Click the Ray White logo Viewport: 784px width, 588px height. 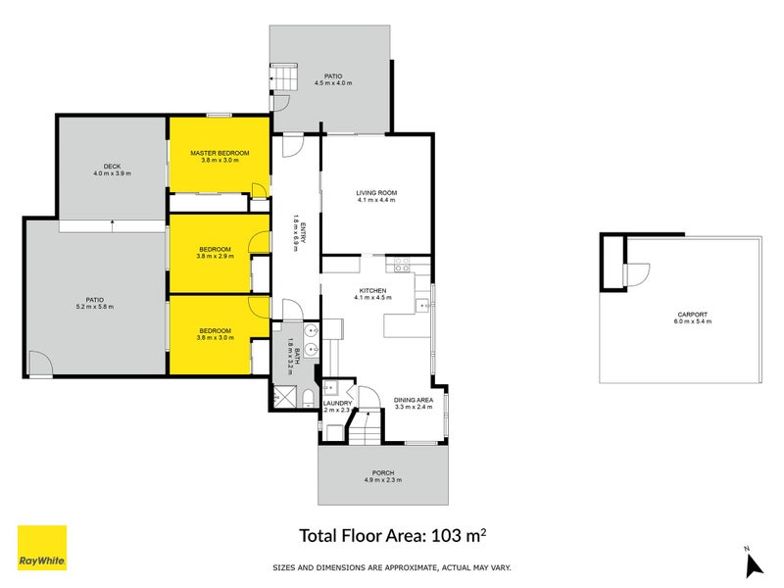click(42, 548)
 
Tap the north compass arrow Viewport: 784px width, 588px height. click(753, 563)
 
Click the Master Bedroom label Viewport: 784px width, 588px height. click(219, 153)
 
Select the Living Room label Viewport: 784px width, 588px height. click(375, 193)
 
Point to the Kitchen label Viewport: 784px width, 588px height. click(372, 291)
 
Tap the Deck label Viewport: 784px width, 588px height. click(111, 167)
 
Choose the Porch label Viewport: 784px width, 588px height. click(383, 473)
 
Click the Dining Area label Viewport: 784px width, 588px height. click(414, 399)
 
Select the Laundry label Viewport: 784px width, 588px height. click(337, 403)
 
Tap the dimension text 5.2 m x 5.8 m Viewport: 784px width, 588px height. click(94, 307)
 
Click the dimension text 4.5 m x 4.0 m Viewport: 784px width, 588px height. click(333, 83)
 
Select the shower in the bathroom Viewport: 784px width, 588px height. click(285, 396)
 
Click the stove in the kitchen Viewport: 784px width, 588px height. click(400, 265)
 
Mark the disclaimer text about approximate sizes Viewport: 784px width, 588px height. click(391, 567)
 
